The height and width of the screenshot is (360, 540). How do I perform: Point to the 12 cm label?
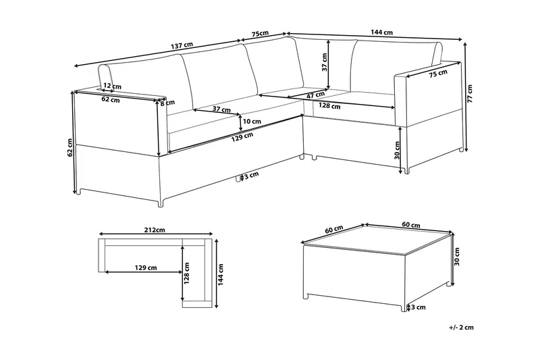pyautogui.click(x=113, y=86)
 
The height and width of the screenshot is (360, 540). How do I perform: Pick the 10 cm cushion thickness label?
pyautogui.click(x=252, y=122)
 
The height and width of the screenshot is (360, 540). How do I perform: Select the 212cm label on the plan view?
pyautogui.click(x=155, y=230)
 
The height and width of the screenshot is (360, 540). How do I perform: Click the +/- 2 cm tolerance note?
pyautogui.click(x=461, y=328)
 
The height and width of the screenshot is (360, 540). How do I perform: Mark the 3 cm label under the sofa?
pyautogui.click(x=250, y=176)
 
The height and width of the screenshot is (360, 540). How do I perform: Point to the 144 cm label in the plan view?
pyautogui.click(x=223, y=273)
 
